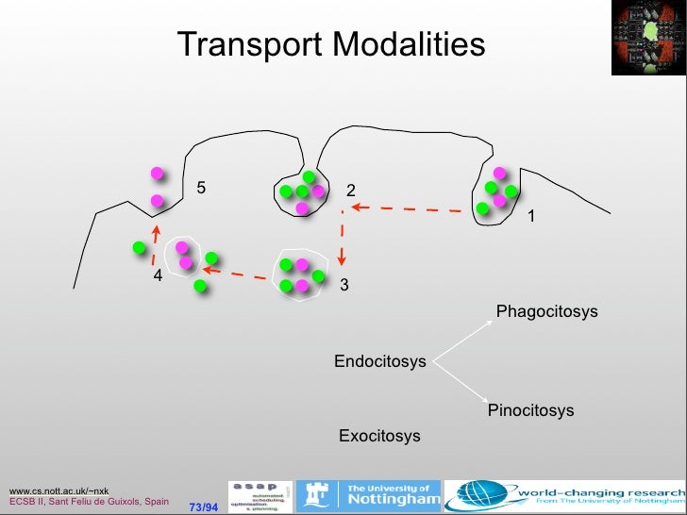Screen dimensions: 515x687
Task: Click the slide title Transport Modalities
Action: click(331, 44)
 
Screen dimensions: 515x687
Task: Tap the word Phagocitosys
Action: click(546, 311)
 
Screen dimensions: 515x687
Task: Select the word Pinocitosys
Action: click(530, 410)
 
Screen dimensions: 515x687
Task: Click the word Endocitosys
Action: click(380, 361)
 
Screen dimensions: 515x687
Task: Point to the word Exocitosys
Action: click(379, 436)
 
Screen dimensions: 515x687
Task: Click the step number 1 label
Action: click(531, 217)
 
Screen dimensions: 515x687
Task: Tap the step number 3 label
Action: click(343, 284)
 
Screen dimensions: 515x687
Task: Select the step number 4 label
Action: click(159, 275)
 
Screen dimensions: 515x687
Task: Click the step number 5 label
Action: click(200, 188)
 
